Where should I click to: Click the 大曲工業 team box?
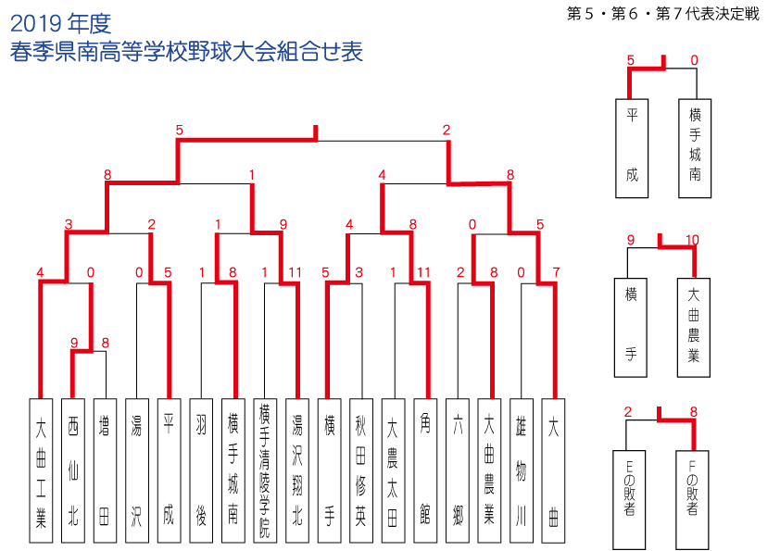41,470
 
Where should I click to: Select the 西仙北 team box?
73,470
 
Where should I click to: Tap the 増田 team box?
105,470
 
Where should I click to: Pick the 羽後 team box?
201,470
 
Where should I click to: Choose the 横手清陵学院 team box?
265,470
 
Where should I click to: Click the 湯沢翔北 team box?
297,470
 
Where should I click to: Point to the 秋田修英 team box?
361,470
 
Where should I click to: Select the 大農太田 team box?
393,470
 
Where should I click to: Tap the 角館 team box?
425,470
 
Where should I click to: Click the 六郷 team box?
457,470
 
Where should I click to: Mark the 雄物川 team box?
522,470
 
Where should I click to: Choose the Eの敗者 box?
629,500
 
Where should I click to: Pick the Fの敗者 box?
692,500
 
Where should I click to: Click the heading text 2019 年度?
61,23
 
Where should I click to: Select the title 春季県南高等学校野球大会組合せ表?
186,52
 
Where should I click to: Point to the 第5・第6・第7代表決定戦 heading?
663,14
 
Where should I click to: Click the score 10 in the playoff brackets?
692,240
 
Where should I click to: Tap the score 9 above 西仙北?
74,343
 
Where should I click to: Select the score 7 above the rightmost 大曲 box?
556,272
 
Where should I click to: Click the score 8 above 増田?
105,343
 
